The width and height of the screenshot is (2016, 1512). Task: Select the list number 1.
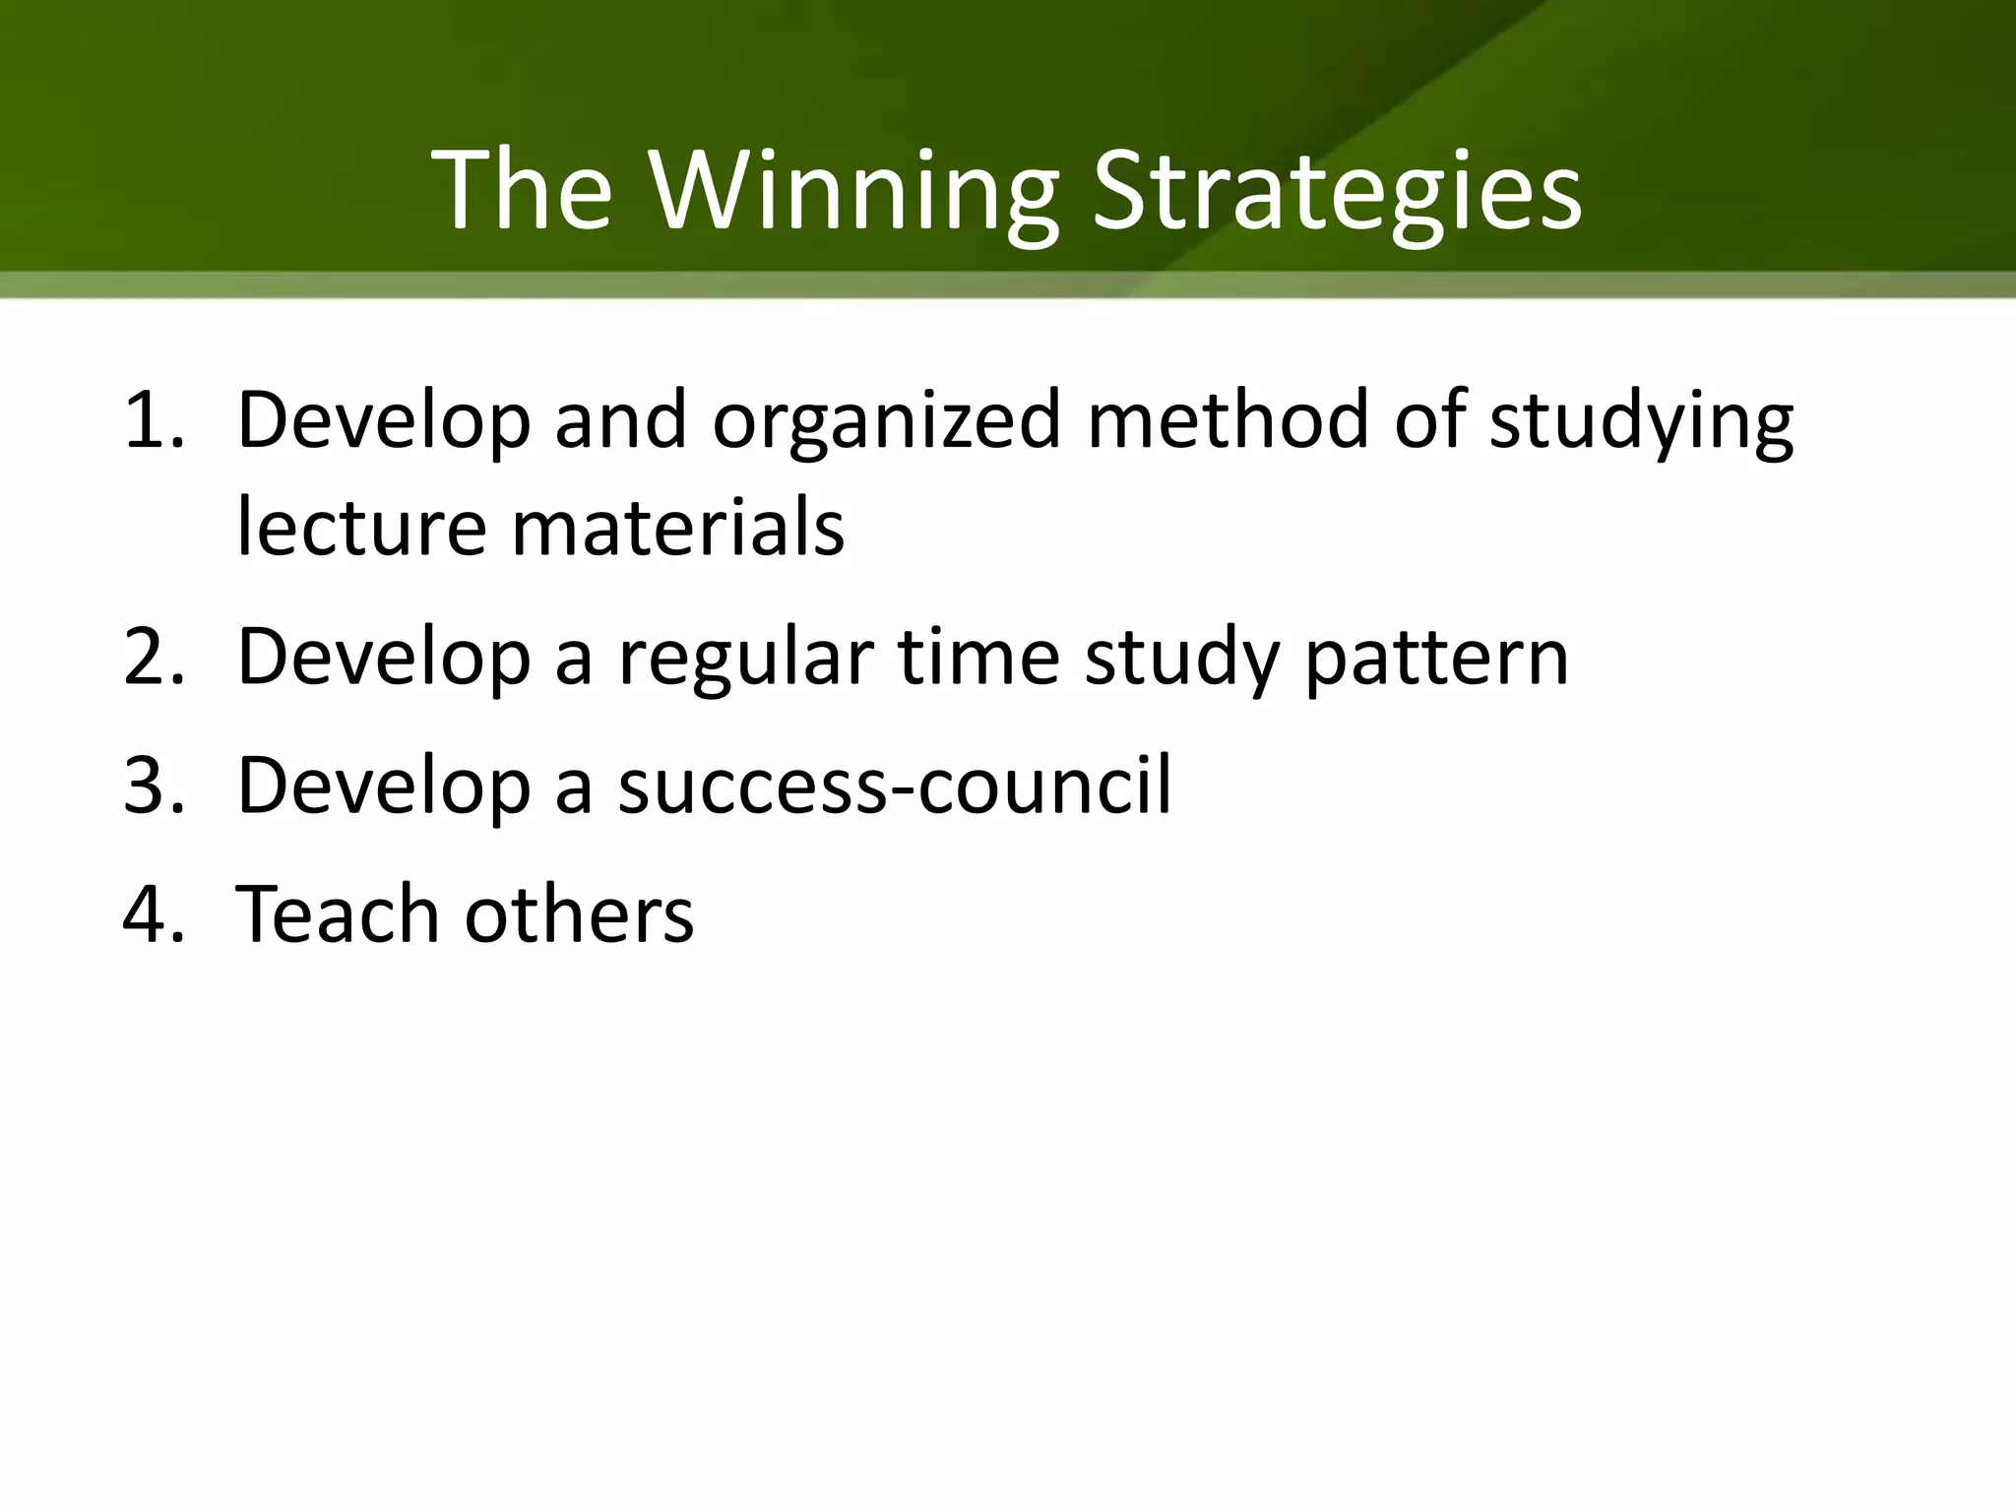(153, 420)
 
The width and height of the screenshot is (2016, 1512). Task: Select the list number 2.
(153, 657)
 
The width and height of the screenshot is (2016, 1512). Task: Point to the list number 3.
(153, 785)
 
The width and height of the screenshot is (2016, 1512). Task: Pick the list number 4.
(153, 913)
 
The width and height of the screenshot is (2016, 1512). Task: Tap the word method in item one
(1228, 420)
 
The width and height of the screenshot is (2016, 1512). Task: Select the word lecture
(362, 528)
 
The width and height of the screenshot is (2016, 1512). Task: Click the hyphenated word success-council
(894, 785)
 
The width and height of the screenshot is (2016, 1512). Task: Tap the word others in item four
(579, 913)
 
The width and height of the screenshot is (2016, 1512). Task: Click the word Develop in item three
(384, 787)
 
